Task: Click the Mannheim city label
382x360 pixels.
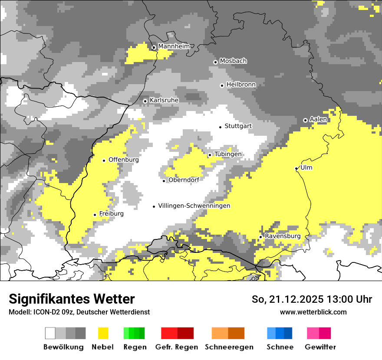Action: pyautogui.click(x=174, y=46)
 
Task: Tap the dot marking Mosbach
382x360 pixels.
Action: pyautogui.click(x=215, y=62)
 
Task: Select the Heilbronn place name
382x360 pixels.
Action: pyautogui.click(x=241, y=85)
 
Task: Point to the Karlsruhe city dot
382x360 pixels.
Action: pyautogui.click(x=145, y=101)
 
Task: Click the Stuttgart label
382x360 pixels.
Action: pyautogui.click(x=238, y=126)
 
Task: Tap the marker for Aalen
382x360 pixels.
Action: pyautogui.click(x=305, y=120)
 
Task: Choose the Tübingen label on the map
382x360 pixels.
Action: pyautogui.click(x=228, y=154)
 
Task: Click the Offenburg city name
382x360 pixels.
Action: pyautogui.click(x=123, y=160)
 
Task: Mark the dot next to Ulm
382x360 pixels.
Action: pyautogui.click(x=296, y=168)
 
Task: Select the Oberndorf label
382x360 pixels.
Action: pyautogui.click(x=184, y=180)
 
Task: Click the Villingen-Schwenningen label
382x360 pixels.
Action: pyautogui.click(x=194, y=206)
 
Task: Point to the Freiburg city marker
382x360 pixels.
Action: pyautogui.click(x=95, y=215)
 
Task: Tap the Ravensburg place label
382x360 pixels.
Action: pyautogui.click(x=282, y=236)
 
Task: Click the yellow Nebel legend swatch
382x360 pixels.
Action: pyautogui.click(x=103, y=333)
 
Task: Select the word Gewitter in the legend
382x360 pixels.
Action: pyautogui.click(x=320, y=347)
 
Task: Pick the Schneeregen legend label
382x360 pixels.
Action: pyautogui.click(x=229, y=347)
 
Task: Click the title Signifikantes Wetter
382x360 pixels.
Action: pyautogui.click(x=72, y=299)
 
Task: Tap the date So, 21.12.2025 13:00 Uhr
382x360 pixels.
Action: pyautogui.click(x=312, y=300)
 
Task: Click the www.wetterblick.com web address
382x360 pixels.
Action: pyautogui.click(x=313, y=312)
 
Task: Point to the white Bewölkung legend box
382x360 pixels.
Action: pyautogui.click(x=50, y=333)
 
